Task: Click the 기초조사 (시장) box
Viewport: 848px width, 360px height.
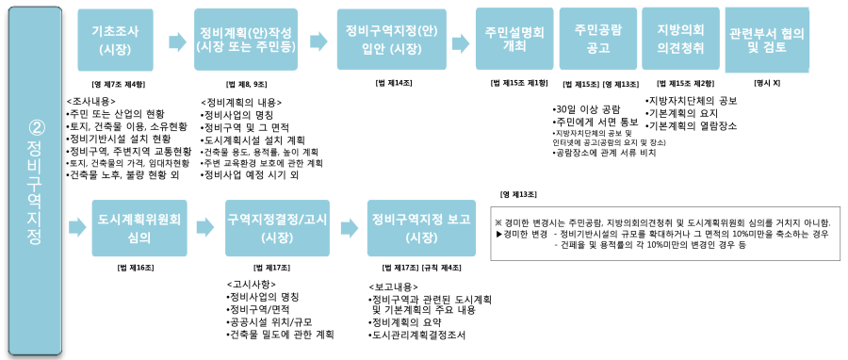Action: pos(115,39)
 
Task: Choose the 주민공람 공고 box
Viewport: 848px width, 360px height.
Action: pos(594,38)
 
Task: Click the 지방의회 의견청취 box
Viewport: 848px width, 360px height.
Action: pos(675,38)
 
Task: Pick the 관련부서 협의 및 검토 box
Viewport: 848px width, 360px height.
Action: pos(767,38)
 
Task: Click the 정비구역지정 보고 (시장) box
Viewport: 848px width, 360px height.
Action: pos(416,227)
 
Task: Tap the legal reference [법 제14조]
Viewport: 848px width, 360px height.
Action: pos(393,83)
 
